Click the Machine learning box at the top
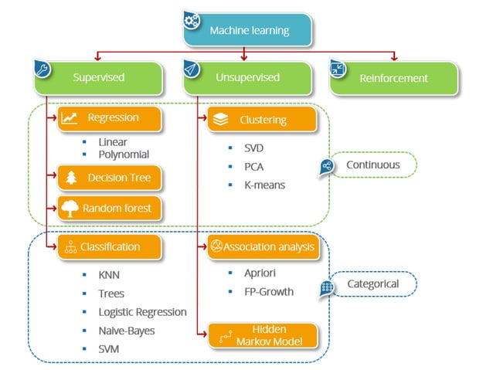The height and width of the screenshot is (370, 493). point(249,30)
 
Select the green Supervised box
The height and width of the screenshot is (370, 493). point(98,78)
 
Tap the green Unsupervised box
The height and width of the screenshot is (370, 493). point(248,78)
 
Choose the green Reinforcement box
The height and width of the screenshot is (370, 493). point(395,78)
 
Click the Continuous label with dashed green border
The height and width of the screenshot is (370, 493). point(372,165)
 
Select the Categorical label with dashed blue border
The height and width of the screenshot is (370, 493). point(372,284)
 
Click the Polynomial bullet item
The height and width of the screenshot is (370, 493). point(124,154)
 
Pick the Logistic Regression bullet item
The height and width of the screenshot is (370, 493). point(142,312)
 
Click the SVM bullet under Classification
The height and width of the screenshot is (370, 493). point(109,349)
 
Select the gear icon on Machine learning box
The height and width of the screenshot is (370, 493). point(192,19)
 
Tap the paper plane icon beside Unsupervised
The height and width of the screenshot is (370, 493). point(192,70)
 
